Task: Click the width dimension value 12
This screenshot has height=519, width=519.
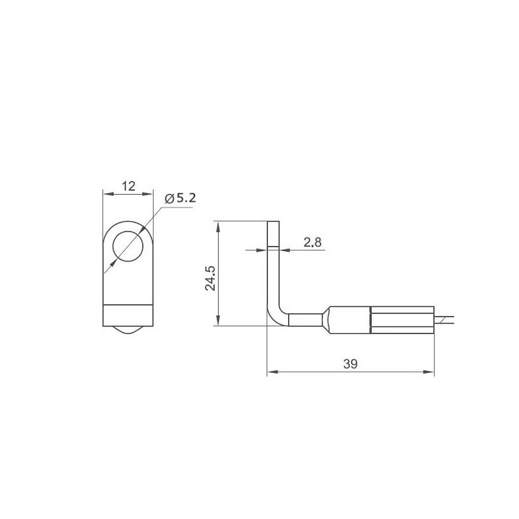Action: (x=128, y=186)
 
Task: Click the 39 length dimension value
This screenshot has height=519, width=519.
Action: (x=351, y=364)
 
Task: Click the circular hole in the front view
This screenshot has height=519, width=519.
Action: (x=128, y=248)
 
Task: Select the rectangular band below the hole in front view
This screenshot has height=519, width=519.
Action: (x=128, y=315)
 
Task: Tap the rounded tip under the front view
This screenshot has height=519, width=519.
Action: (x=128, y=331)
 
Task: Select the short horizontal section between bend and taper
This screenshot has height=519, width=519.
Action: (x=304, y=320)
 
